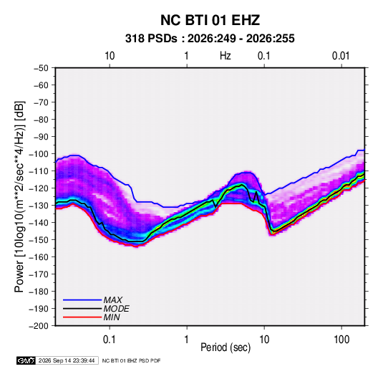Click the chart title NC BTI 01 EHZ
coord(210,20)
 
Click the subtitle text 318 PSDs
coord(151,39)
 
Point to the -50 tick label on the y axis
coord(41,68)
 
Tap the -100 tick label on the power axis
coord(39,154)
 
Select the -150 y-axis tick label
coord(39,240)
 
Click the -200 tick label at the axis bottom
coord(39,326)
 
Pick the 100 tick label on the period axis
coord(341,340)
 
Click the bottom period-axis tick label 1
coord(186,340)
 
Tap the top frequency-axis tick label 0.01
coord(341,56)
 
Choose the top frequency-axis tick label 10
coord(110,56)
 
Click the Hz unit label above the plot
coord(226,56)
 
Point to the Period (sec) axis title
coord(226,347)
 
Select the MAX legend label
coord(113,300)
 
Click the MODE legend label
coord(116,309)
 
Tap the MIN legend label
coord(112,317)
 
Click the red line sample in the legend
coord(82,317)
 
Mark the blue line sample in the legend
coord(82,300)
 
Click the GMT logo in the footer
coord(26,360)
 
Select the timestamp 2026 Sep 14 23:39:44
coord(67,360)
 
